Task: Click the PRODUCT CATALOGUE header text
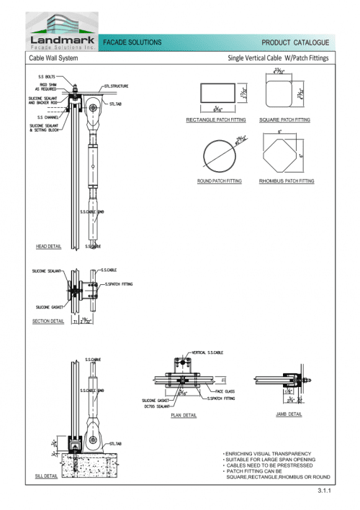(295, 44)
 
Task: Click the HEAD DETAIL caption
(48, 247)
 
